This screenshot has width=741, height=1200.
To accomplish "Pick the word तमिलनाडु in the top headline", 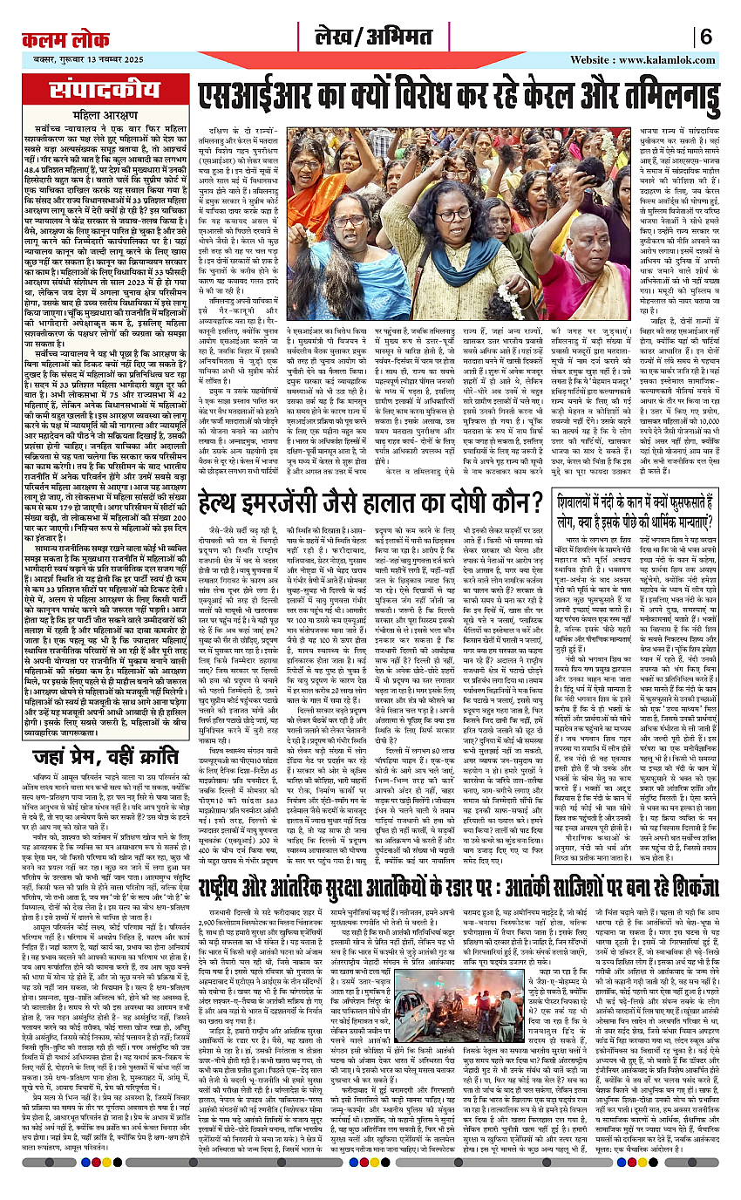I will point(619,94).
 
